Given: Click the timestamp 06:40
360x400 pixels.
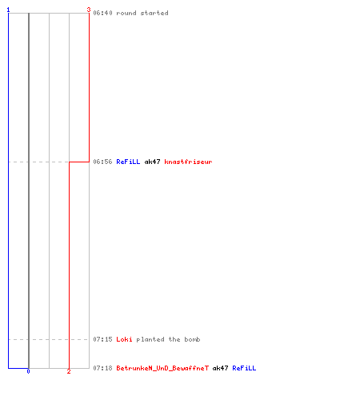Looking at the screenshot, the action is tap(102, 13).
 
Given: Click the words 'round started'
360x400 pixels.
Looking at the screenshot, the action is tap(142, 13).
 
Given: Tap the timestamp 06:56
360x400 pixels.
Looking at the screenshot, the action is tap(102, 162).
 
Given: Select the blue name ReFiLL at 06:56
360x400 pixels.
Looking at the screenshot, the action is tap(128, 162).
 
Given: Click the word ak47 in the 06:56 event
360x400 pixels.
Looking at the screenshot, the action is tap(152, 162).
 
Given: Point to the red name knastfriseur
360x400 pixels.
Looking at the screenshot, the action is tap(188, 162).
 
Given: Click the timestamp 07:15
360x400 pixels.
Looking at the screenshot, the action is tap(102, 339).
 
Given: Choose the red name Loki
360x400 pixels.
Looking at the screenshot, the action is tap(124, 339).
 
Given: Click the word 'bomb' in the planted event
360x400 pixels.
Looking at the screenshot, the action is tap(192, 339).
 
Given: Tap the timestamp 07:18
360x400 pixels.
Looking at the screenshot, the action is tap(102, 368).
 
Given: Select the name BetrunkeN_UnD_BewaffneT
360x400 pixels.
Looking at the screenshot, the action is tap(162, 368).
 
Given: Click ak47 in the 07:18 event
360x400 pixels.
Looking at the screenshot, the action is tap(220, 368).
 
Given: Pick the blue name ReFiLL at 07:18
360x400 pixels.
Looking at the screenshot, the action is tap(244, 368).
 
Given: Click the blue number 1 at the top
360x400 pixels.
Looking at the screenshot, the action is tap(8, 10).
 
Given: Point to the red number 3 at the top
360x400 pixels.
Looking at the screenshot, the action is tap(89, 10).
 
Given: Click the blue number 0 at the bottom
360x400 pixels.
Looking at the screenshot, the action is tap(28, 371).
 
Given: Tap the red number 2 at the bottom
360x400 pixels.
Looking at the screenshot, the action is tap(69, 371).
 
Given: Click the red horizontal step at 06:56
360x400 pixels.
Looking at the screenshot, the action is tap(79, 162).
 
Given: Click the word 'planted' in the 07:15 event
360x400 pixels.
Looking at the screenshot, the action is tap(150, 339).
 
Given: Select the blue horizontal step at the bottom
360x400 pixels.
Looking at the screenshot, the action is tap(18, 368).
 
